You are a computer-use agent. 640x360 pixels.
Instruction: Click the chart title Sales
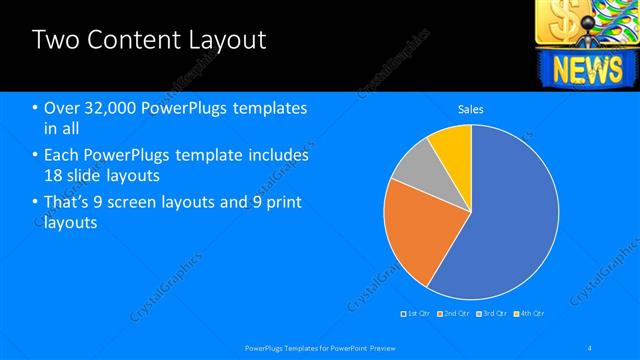pos(471,108)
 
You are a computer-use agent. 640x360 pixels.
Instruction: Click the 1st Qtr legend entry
pos(416,313)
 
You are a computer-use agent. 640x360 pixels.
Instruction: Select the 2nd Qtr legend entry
pos(454,313)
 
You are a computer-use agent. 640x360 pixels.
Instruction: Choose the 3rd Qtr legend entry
pos(491,313)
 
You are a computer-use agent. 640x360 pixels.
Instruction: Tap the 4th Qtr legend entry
pos(529,313)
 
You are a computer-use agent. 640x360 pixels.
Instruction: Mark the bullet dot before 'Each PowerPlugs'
pos(35,156)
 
